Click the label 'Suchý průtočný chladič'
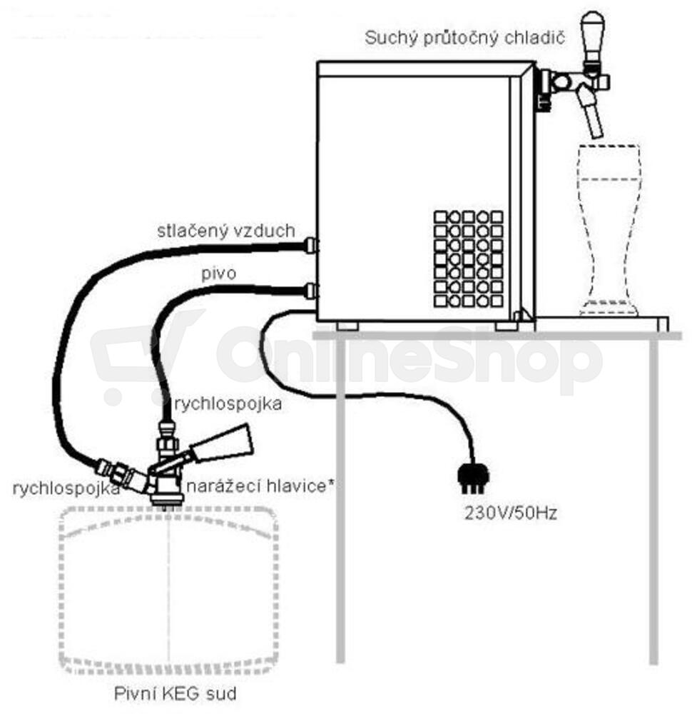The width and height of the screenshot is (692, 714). click(464, 39)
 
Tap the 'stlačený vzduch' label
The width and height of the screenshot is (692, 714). click(226, 231)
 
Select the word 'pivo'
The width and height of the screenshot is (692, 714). click(219, 273)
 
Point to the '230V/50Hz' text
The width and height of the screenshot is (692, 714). click(511, 513)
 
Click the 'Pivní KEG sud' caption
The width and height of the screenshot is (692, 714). click(175, 694)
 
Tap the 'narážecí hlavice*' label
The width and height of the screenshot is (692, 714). click(260, 486)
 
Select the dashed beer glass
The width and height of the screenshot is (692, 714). click(609, 230)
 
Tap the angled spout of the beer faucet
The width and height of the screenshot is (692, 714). click(591, 114)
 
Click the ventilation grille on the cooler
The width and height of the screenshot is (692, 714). click(468, 258)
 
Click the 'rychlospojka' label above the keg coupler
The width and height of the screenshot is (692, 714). click(228, 404)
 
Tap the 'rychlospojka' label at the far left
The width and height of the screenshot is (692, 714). click(66, 488)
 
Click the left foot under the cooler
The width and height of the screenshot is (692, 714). click(347, 326)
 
